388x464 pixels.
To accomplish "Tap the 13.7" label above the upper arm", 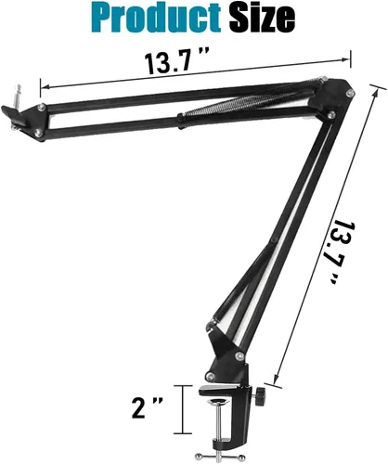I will click(x=175, y=66).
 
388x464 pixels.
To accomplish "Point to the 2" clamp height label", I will click(x=151, y=406).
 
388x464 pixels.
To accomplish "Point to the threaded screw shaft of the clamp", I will click(x=219, y=440).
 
